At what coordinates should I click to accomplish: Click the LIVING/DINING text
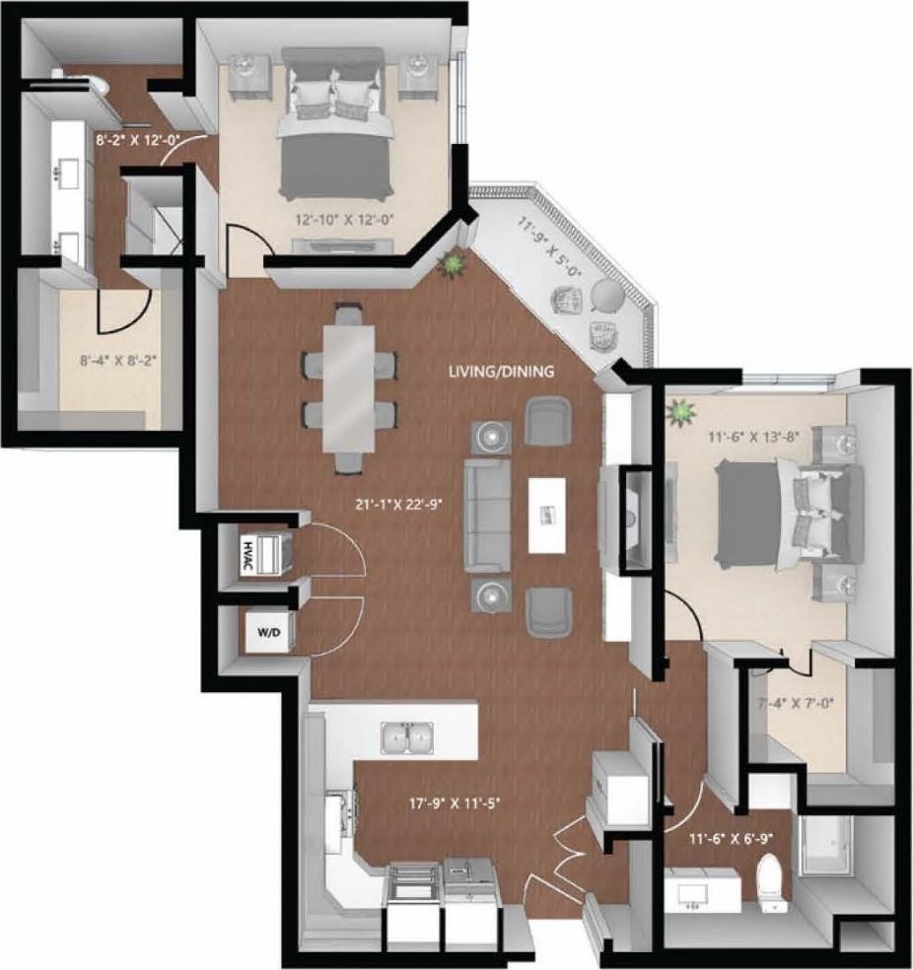pyautogui.click(x=501, y=372)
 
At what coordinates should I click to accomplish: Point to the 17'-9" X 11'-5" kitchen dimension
pyautogui.click(x=445, y=802)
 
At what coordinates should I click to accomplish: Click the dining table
pyautogui.click(x=349, y=386)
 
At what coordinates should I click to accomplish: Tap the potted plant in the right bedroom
pyautogui.click(x=679, y=412)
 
